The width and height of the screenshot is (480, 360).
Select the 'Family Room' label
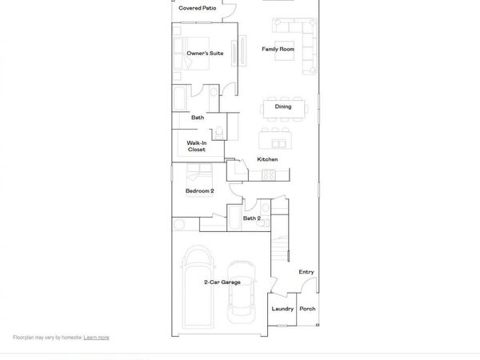pyautogui.click(x=278, y=50)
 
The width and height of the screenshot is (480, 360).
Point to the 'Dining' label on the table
pyautogui.click(x=283, y=106)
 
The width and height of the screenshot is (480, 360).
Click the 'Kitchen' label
pyautogui.click(x=267, y=160)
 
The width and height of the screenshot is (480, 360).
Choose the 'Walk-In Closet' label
pyautogui.click(x=197, y=146)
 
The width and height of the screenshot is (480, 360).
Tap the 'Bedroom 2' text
pyautogui.click(x=199, y=191)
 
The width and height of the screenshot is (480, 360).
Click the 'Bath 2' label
pyautogui.click(x=252, y=218)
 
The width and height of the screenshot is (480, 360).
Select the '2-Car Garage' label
pyautogui.click(x=222, y=282)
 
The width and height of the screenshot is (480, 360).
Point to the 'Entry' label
pyautogui.click(x=306, y=272)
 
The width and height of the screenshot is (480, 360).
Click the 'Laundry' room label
pyautogui.click(x=282, y=309)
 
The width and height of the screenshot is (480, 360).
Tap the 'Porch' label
pyautogui.click(x=307, y=309)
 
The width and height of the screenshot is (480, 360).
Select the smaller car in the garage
pyautogui.click(x=240, y=292)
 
